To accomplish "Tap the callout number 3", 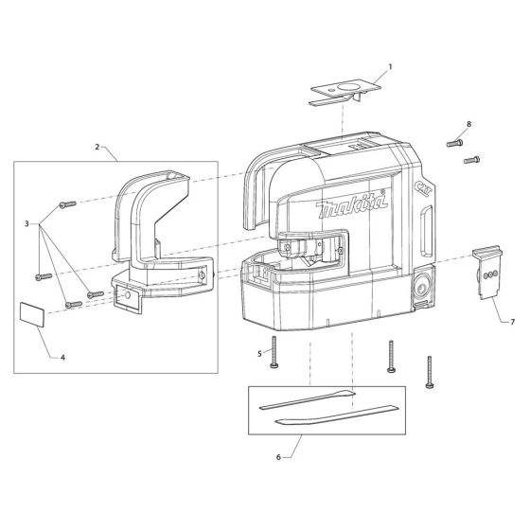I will (x=29, y=225).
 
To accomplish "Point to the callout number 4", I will (x=62, y=358).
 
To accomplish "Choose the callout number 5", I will (x=259, y=354).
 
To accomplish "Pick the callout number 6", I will (x=277, y=457).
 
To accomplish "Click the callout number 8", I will (x=468, y=124).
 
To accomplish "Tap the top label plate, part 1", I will (x=345, y=88).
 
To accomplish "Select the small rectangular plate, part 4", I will (x=31, y=315).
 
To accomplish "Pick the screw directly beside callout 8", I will (x=454, y=143).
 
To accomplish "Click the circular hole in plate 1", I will (x=351, y=85).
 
